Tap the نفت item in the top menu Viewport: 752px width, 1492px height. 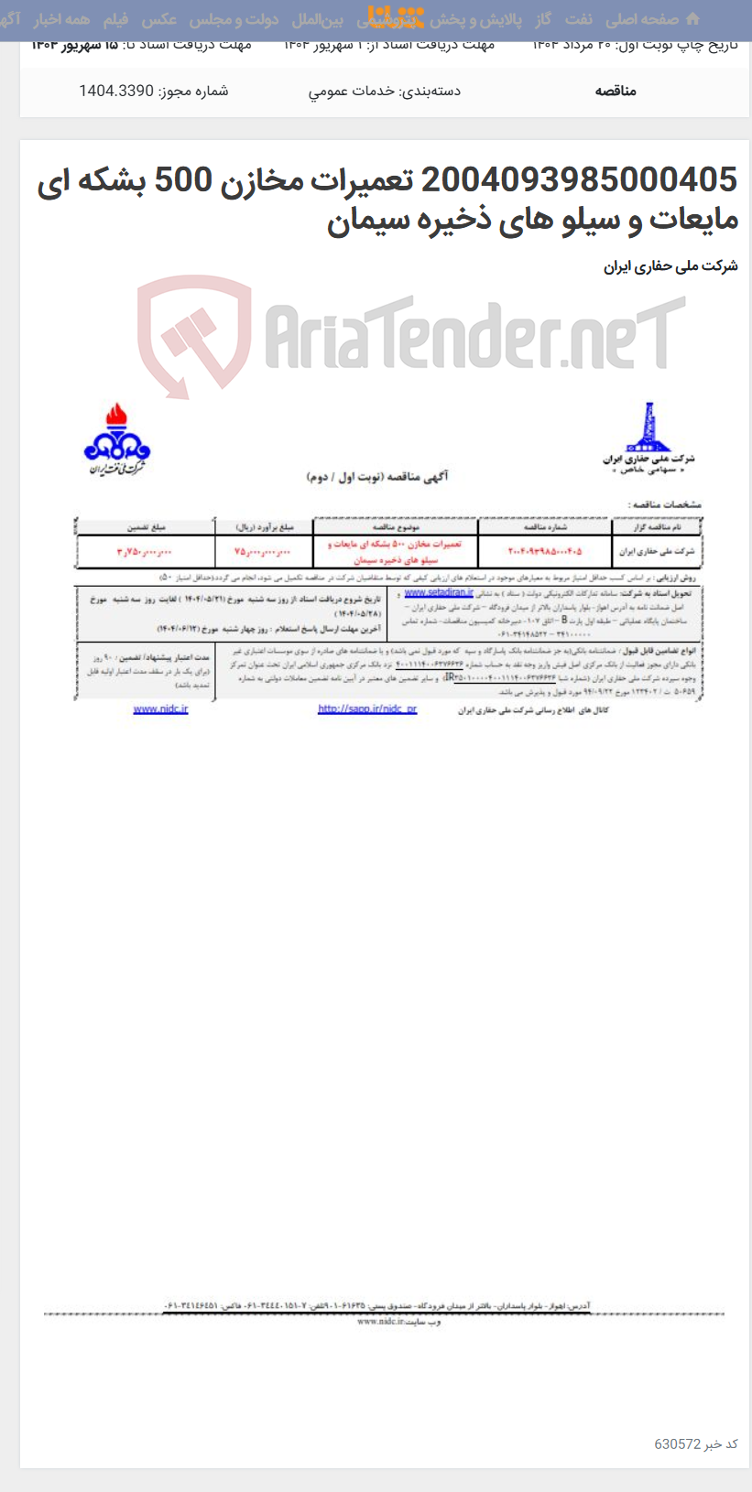point(578,19)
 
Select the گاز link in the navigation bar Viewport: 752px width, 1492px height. point(543,19)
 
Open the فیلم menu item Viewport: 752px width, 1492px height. point(115,19)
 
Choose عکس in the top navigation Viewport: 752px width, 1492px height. point(158,19)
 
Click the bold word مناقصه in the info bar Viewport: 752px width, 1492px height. point(616,91)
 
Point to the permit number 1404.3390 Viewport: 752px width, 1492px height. point(115,91)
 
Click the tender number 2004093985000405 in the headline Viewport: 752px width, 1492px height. point(579,180)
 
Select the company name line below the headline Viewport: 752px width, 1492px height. point(670,266)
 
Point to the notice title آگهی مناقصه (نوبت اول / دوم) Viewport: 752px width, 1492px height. point(376,477)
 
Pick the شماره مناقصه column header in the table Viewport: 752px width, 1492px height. point(544,527)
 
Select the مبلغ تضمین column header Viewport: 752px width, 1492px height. point(146,527)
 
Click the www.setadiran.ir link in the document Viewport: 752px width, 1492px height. point(439,593)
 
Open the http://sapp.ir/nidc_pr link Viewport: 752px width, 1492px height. point(367,709)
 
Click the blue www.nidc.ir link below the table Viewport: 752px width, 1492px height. point(160,709)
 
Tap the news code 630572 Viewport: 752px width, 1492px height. point(677,1443)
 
